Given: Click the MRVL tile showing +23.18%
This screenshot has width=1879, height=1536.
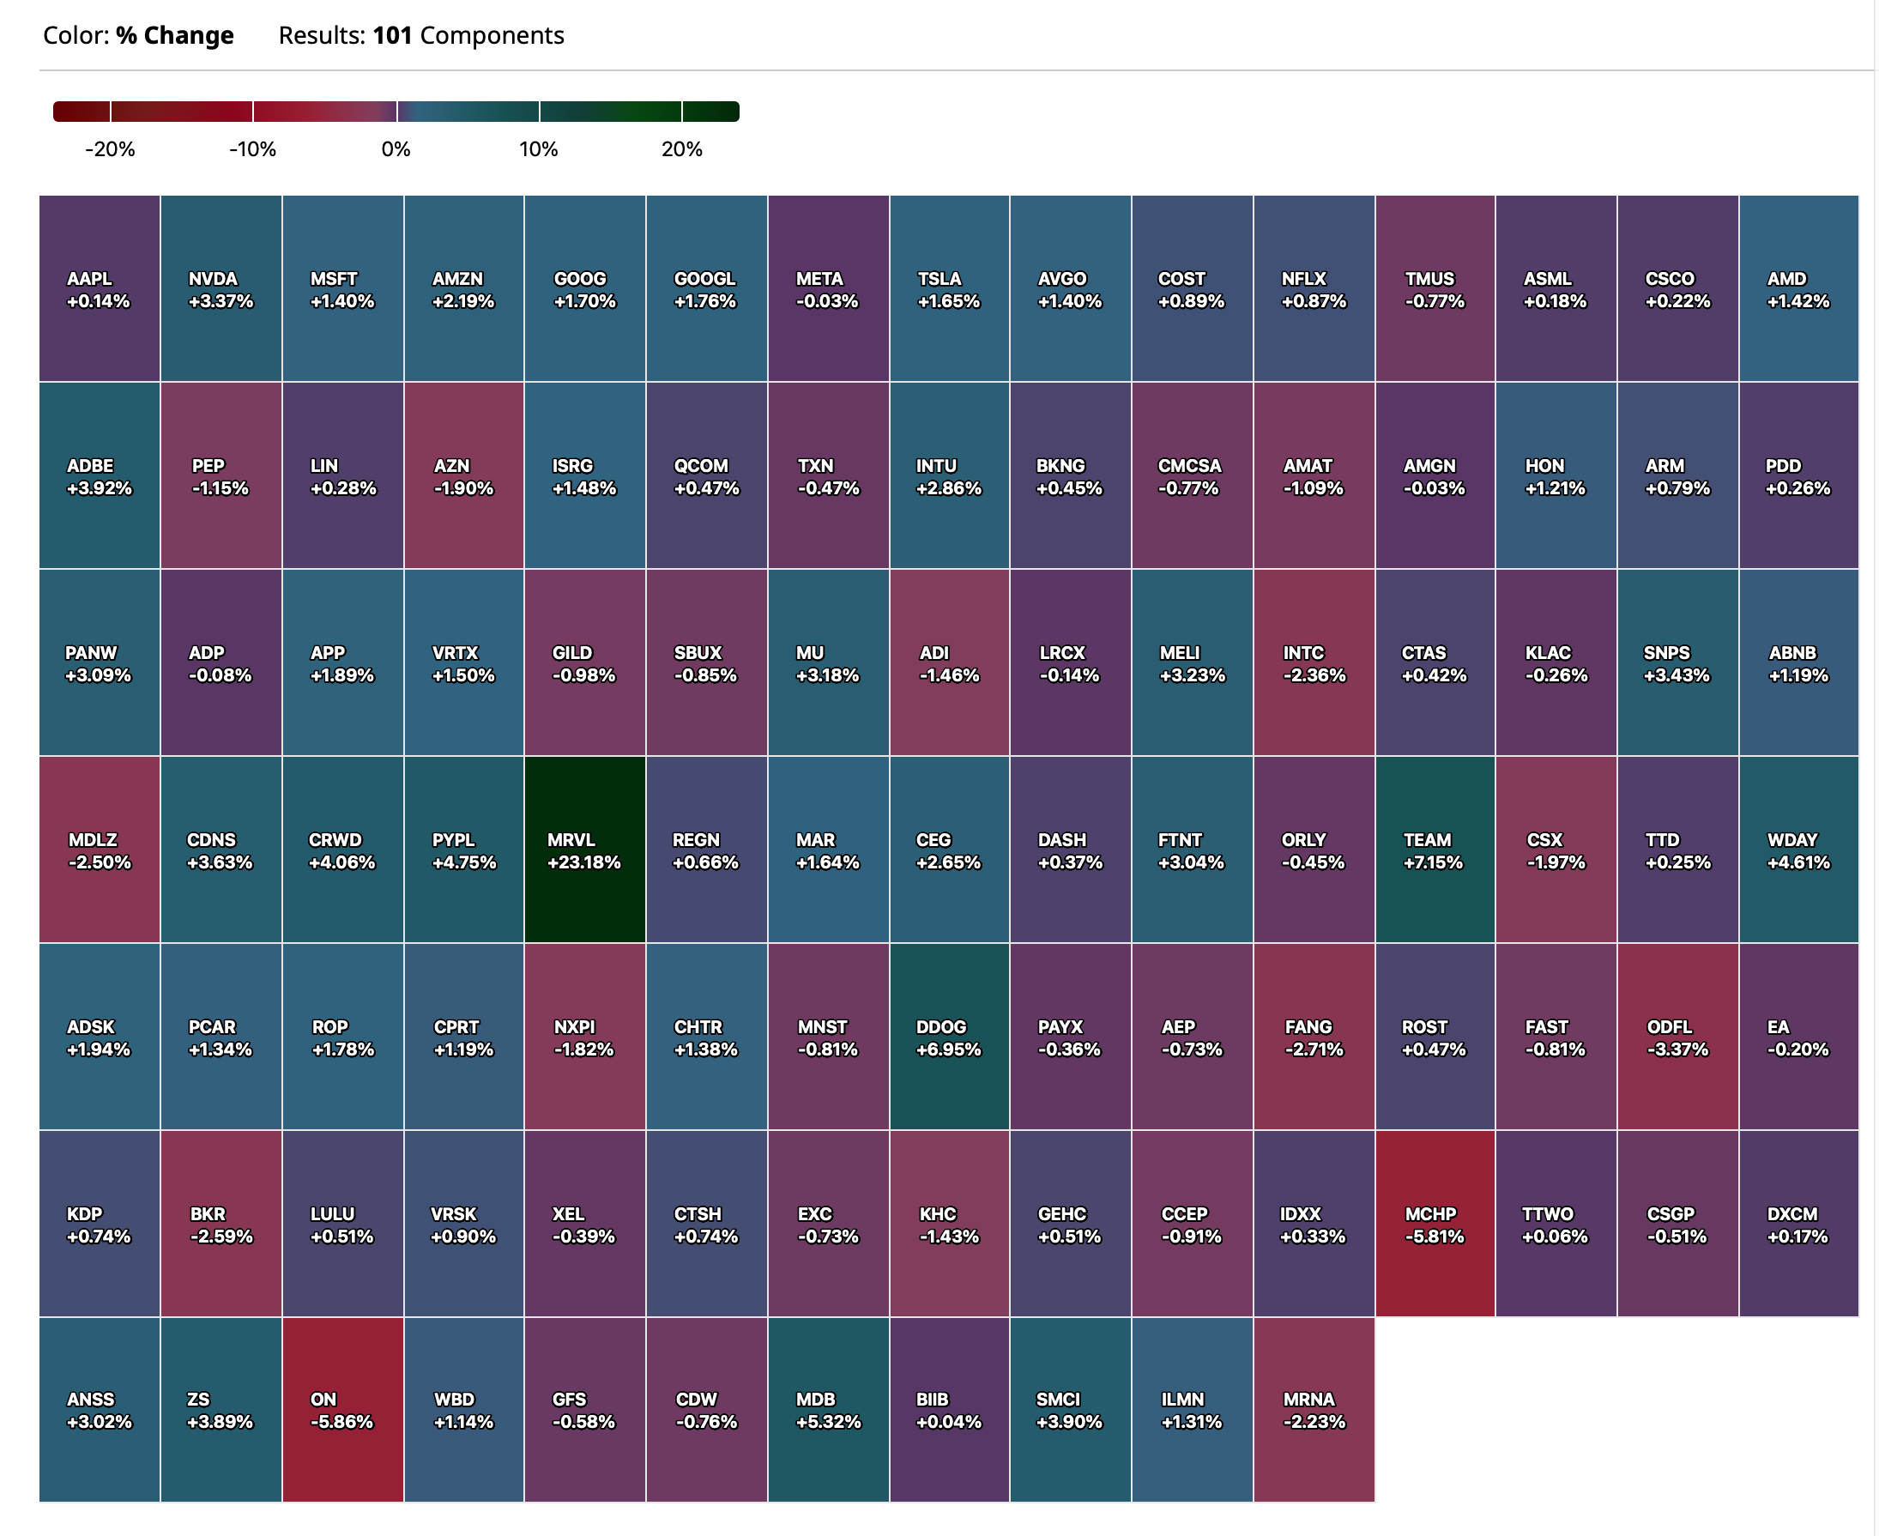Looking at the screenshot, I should [584, 850].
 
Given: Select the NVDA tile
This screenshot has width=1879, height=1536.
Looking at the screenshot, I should [221, 289].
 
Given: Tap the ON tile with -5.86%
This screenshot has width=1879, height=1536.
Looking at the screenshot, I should [342, 1410].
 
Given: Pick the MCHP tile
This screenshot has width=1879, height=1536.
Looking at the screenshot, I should [1434, 1224].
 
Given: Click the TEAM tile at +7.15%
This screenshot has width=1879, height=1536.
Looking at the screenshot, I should [1434, 850].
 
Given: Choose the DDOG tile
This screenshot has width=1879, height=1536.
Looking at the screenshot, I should [948, 1037].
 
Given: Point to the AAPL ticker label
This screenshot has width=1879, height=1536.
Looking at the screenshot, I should [89, 279].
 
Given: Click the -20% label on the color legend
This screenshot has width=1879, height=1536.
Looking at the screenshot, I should [110, 148].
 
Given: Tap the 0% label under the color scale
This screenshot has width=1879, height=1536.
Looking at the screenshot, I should [396, 148].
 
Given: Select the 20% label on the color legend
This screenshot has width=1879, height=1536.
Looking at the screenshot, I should [681, 148].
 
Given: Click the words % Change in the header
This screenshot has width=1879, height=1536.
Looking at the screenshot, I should [175, 35].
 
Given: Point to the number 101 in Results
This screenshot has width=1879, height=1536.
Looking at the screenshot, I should [393, 35].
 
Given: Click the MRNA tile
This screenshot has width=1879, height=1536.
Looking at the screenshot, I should [1314, 1410].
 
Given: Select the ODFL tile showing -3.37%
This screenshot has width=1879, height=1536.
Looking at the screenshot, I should [1677, 1037].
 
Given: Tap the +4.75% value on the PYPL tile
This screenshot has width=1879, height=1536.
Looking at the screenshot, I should [463, 862].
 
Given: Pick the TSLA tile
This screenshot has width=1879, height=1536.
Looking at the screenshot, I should [948, 289].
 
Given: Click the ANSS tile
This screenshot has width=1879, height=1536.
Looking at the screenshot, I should [99, 1410].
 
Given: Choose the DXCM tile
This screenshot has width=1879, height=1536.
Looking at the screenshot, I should [1797, 1224].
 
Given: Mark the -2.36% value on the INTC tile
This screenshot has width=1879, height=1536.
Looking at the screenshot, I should [1314, 675].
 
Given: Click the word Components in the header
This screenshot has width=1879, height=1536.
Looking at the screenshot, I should [492, 35].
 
